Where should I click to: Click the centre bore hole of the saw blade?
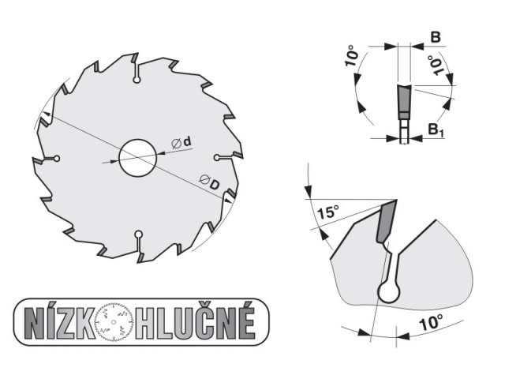(138, 158)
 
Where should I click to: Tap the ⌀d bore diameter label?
(181, 142)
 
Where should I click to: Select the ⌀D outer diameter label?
(209, 182)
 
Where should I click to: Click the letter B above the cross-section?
(436, 37)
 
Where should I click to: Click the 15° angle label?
(328, 212)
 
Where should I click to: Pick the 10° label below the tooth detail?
(432, 323)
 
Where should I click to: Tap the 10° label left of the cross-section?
(352, 56)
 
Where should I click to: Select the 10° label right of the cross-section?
(436, 66)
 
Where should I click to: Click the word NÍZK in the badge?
(60, 323)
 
